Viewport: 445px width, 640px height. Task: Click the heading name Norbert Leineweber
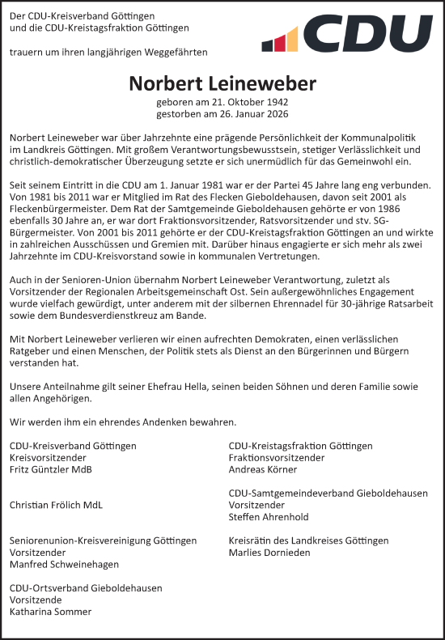click(222, 84)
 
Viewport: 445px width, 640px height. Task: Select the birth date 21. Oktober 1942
click(249, 103)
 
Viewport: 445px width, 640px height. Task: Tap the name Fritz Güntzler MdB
click(50, 469)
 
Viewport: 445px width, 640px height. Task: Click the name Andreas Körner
click(264, 469)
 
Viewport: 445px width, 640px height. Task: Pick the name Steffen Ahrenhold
click(269, 516)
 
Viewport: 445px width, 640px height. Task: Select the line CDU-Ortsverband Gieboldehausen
click(86, 587)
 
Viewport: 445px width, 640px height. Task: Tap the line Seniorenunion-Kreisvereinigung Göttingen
click(103, 540)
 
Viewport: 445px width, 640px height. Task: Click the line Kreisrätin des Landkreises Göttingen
click(308, 540)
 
